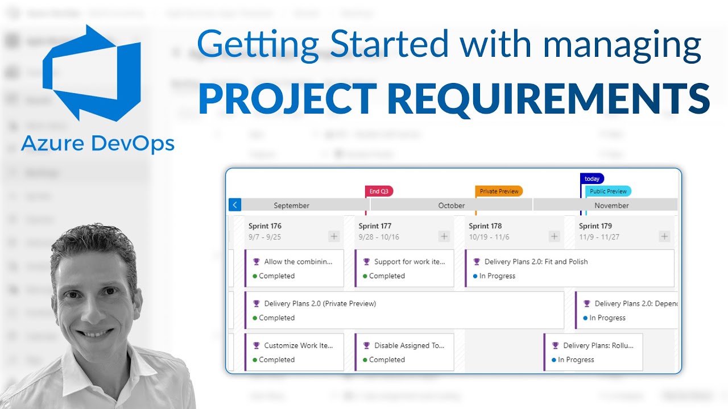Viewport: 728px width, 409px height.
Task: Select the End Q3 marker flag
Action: [x=379, y=191]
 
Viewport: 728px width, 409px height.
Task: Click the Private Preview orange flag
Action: [x=499, y=191]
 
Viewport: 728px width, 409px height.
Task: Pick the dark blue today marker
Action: [x=592, y=178]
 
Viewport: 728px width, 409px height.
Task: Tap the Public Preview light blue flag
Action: [x=608, y=191]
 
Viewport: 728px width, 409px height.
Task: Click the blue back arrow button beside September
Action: [x=235, y=205]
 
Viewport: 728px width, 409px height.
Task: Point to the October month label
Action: [x=452, y=206]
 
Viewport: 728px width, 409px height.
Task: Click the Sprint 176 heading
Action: [x=265, y=226]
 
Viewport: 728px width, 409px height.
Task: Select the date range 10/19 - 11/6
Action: [x=489, y=237]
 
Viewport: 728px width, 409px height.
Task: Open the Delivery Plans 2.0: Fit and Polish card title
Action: [x=536, y=262]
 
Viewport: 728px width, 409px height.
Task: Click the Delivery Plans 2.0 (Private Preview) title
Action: [x=320, y=304]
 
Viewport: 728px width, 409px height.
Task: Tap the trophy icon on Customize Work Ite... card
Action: [x=257, y=345]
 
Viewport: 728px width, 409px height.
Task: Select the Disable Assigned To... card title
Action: [x=409, y=345]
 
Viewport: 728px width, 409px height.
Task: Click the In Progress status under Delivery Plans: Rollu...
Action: [x=576, y=360]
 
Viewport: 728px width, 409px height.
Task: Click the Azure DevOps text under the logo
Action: [x=98, y=144]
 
